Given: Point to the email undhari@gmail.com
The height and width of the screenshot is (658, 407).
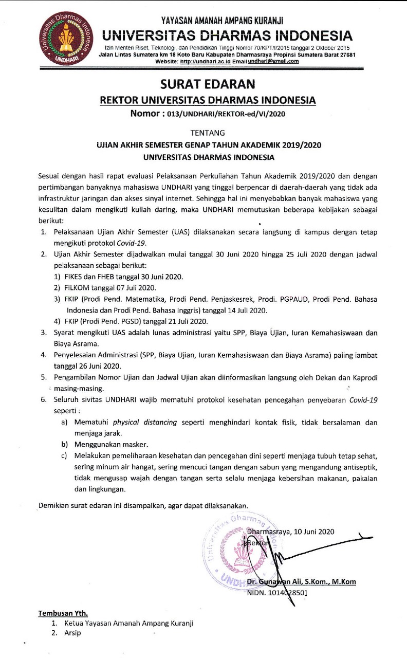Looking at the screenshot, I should coord(273,61).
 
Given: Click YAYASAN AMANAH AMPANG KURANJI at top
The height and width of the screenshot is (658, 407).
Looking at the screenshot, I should coord(222,21).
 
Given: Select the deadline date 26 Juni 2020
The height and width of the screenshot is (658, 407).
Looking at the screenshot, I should coord(88,366).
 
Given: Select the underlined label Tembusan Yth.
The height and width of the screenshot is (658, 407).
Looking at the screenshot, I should coord(63,613).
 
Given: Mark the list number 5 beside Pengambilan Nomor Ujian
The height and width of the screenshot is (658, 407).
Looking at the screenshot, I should coord(44,377).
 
